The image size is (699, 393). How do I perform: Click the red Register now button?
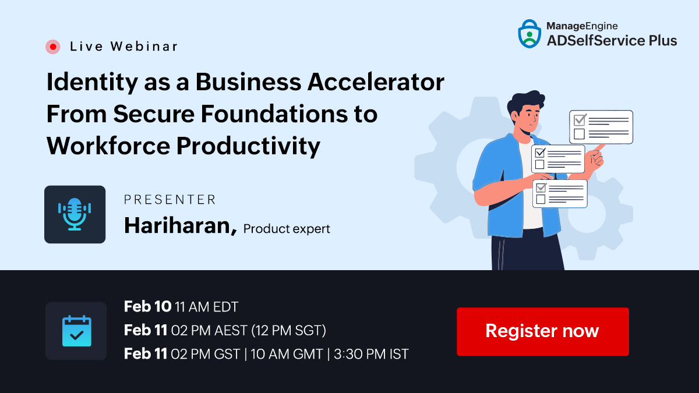pos(543,331)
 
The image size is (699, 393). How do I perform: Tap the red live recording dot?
pos(53,47)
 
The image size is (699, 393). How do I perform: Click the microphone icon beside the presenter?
pos(75,214)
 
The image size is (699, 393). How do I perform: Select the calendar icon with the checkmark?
pos(76,331)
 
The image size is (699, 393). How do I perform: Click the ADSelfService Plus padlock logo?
pos(529,34)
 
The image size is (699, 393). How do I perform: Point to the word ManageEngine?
pos(582,26)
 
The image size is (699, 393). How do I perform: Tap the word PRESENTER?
pos(170,200)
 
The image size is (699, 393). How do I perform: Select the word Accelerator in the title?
pos(376,82)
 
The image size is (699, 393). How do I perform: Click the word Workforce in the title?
pos(108,146)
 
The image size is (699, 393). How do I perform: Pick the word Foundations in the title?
pos(274,114)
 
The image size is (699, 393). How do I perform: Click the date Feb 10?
pos(147,307)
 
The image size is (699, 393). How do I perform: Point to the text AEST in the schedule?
pos(231,331)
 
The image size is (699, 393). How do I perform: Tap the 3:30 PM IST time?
pos(371,354)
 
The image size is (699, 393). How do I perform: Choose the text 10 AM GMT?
pos(287,354)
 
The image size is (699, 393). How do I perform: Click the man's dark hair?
pos(525,101)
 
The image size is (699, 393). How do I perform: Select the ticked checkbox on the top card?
pos(580,120)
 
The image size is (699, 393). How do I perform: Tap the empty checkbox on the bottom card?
pos(541,199)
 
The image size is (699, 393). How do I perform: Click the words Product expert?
pos(287,229)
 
